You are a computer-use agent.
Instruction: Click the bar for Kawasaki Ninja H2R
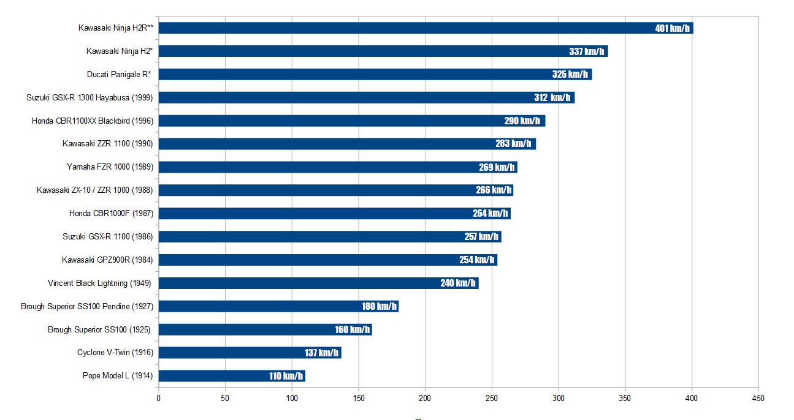pos(426,28)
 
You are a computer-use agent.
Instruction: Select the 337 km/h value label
pos(587,51)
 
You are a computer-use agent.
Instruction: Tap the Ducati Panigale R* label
pos(119,74)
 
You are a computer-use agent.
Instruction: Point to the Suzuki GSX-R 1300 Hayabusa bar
pos(367,98)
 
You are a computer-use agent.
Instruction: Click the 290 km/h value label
pos(522,121)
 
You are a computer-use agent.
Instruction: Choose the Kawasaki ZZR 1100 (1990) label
pos(108,144)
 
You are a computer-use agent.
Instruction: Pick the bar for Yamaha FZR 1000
pos(338,167)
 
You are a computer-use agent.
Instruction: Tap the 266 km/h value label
pos(494,190)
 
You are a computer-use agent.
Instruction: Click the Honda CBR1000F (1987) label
pos(112,213)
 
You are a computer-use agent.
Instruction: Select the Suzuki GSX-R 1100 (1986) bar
pos(330,237)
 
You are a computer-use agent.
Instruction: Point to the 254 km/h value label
pos(477,260)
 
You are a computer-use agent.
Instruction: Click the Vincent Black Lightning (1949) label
pos(99,283)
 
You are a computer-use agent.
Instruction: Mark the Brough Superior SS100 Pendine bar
pos(278,306)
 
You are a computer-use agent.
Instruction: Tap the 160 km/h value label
pos(353,330)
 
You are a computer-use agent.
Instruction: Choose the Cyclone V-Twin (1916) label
pos(115,353)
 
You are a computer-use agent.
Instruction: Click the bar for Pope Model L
pos(232,376)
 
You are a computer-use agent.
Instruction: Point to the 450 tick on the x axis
pos(758,399)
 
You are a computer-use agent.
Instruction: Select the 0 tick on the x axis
pos(158,399)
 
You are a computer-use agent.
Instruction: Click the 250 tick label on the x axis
pos(492,399)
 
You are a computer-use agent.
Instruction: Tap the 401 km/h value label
pos(673,28)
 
